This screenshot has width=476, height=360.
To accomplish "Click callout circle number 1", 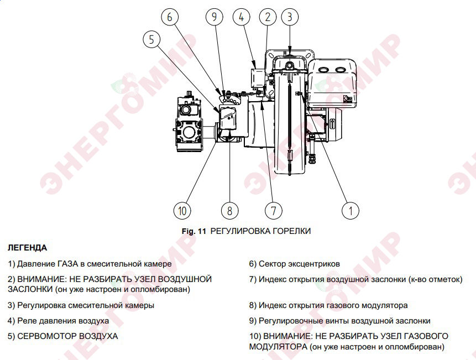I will (350, 210).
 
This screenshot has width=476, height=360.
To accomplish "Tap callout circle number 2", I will (268, 17).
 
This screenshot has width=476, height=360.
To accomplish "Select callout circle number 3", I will (289, 17).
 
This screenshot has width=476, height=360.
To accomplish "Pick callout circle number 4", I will (242, 17).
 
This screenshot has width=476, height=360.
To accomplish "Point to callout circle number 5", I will (151, 39).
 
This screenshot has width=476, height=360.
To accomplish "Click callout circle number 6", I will (170, 17).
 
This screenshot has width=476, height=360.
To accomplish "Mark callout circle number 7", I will (273, 210).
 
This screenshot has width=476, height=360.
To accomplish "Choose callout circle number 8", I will (229, 210).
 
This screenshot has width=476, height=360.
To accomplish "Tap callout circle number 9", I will (214, 17).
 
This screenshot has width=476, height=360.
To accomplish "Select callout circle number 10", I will (182, 210).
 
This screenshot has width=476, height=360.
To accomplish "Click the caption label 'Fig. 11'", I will (193, 231).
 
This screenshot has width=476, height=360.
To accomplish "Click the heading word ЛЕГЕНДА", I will (27, 248).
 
